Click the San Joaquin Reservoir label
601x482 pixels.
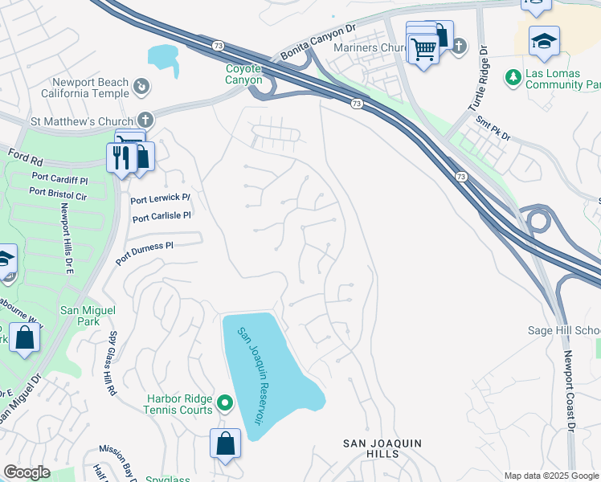(249, 375)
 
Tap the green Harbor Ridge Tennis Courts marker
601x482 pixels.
(226, 403)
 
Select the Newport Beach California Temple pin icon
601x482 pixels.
(141, 85)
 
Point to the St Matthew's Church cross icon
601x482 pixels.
(145, 117)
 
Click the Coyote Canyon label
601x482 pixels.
(243, 75)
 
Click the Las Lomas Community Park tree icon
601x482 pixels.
(512, 77)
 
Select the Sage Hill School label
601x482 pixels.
(563, 330)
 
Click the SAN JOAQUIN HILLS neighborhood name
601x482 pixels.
(382, 448)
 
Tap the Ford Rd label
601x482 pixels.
(24, 153)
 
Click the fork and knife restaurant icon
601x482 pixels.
(121, 156)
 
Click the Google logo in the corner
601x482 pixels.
(27, 472)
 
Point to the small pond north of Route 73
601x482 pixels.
(162, 57)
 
